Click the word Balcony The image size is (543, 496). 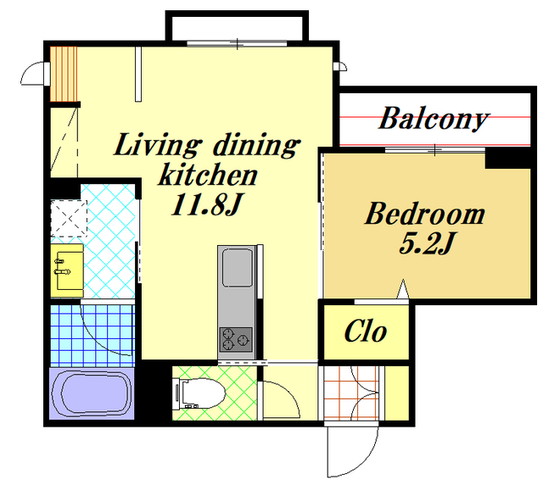coord(434,119)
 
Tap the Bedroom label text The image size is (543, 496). coord(425,213)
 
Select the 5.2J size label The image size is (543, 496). coord(426,243)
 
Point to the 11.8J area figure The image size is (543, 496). coord(205,204)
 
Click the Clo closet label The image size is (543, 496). coord(366,331)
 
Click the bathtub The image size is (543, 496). coord(92,393)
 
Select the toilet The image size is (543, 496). coord(199,393)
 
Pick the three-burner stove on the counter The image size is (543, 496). coord(236,339)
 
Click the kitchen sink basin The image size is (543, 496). coord(238,268)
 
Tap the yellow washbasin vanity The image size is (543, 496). coord(67,270)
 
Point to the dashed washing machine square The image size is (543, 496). coord(69,219)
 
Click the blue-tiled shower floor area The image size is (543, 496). coord(92,336)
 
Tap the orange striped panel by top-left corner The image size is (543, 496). coord(64,74)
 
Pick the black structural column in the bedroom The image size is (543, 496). coord(507,159)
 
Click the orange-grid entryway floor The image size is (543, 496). coord(351,393)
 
